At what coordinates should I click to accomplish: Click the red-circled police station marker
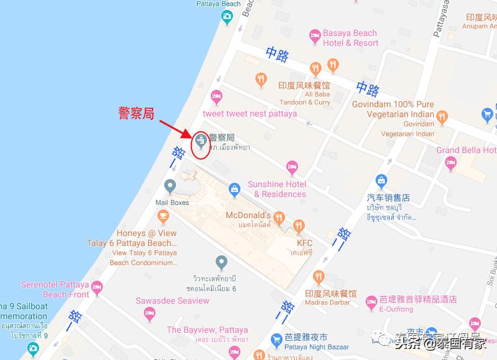(x=200, y=142)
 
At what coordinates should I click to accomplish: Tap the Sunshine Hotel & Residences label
(x=277, y=189)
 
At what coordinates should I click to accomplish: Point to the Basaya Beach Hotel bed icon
(x=315, y=37)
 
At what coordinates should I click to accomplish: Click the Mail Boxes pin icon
(x=170, y=185)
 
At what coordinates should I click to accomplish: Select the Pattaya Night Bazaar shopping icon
(x=277, y=340)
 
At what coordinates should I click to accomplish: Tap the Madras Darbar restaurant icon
(x=319, y=276)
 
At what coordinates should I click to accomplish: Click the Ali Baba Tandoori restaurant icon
(x=261, y=79)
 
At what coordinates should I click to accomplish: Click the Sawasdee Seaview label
(x=172, y=301)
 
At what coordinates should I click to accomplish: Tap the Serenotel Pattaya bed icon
(x=97, y=287)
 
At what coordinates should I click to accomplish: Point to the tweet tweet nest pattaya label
(x=250, y=114)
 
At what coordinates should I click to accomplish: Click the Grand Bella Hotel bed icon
(x=451, y=162)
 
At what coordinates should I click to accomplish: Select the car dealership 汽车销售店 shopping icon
(x=382, y=181)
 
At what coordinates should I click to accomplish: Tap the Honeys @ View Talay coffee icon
(x=163, y=216)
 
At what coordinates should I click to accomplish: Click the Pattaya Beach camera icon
(x=227, y=19)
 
